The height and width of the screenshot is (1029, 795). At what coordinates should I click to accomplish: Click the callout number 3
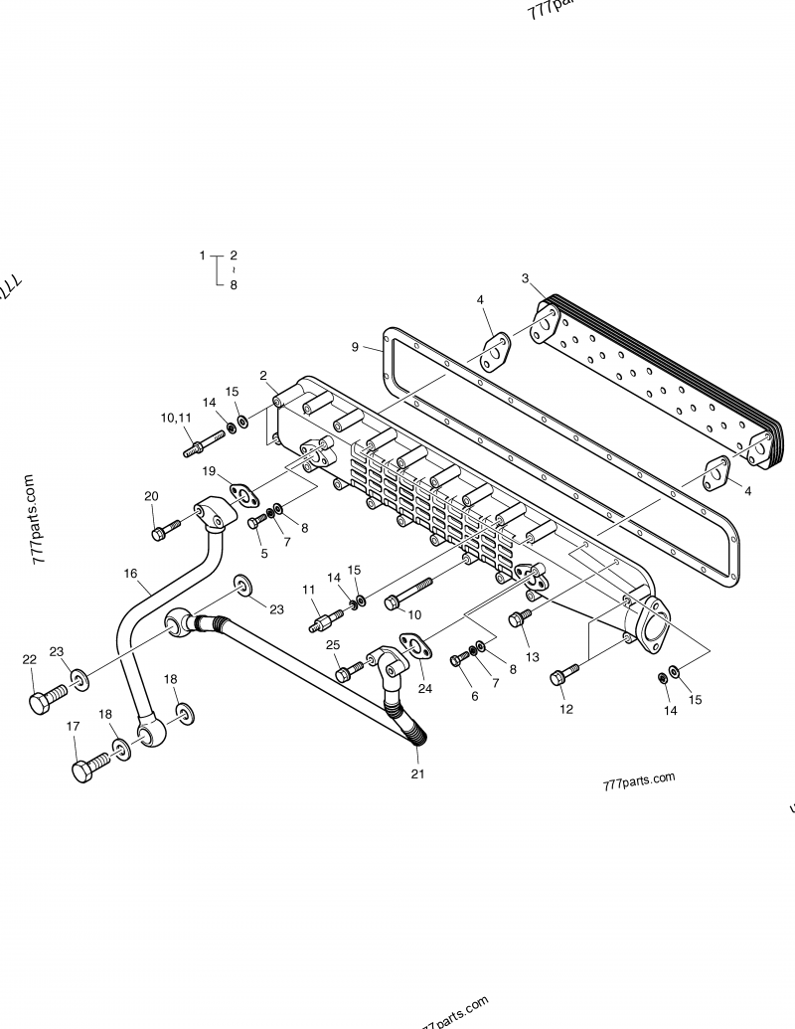525,278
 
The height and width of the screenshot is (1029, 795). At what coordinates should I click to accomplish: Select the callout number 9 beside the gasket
355,347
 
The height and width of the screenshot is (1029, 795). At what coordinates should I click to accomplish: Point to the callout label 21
417,773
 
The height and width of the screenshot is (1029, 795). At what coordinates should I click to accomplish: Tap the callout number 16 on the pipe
130,574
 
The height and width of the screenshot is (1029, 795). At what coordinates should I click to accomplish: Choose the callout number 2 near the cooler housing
263,375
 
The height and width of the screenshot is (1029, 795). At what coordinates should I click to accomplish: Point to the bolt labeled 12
561,676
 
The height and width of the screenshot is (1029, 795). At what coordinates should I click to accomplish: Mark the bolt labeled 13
519,619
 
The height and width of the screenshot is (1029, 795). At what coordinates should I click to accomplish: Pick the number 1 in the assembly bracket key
202,256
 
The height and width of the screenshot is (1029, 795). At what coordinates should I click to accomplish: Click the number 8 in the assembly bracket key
234,284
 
